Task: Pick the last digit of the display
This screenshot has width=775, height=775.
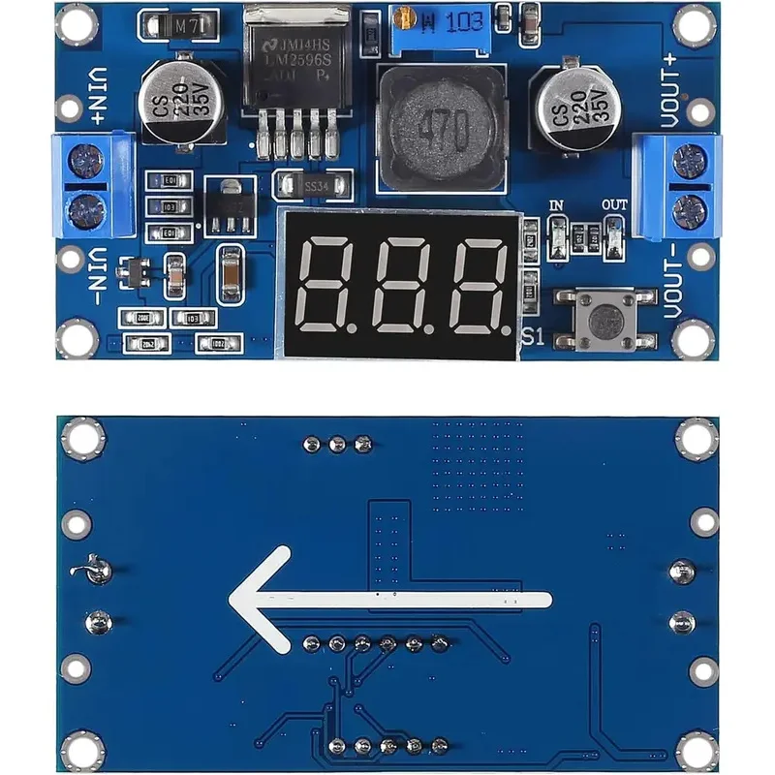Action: [x=475, y=286]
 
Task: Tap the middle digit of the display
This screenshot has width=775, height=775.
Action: [x=402, y=286]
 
